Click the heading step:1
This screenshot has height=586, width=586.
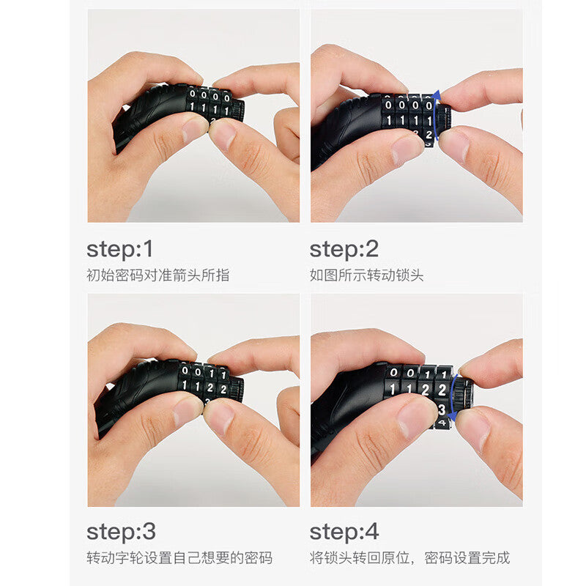coord(119,250)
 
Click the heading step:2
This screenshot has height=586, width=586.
coord(344,250)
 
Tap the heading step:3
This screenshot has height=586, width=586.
coord(121,532)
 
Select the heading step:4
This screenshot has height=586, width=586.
coord(344,532)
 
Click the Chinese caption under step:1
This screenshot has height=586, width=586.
coord(157,275)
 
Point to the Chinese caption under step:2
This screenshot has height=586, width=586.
coord(367,275)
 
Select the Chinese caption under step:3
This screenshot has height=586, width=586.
coord(179,558)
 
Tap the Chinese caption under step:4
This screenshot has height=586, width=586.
coord(409,558)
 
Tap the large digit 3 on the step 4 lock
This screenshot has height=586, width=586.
coord(442,409)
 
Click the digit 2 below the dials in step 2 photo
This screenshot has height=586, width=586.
coord(429,135)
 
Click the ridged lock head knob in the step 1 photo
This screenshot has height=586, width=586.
coord(237,110)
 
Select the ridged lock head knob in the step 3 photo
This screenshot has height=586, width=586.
coord(237,389)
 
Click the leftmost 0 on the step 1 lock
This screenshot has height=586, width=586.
coord(193,94)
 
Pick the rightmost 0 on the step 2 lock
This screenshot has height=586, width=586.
coord(429,105)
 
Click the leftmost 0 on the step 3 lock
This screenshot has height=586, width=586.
coord(185,371)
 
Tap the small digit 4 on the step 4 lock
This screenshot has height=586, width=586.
coord(442,423)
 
